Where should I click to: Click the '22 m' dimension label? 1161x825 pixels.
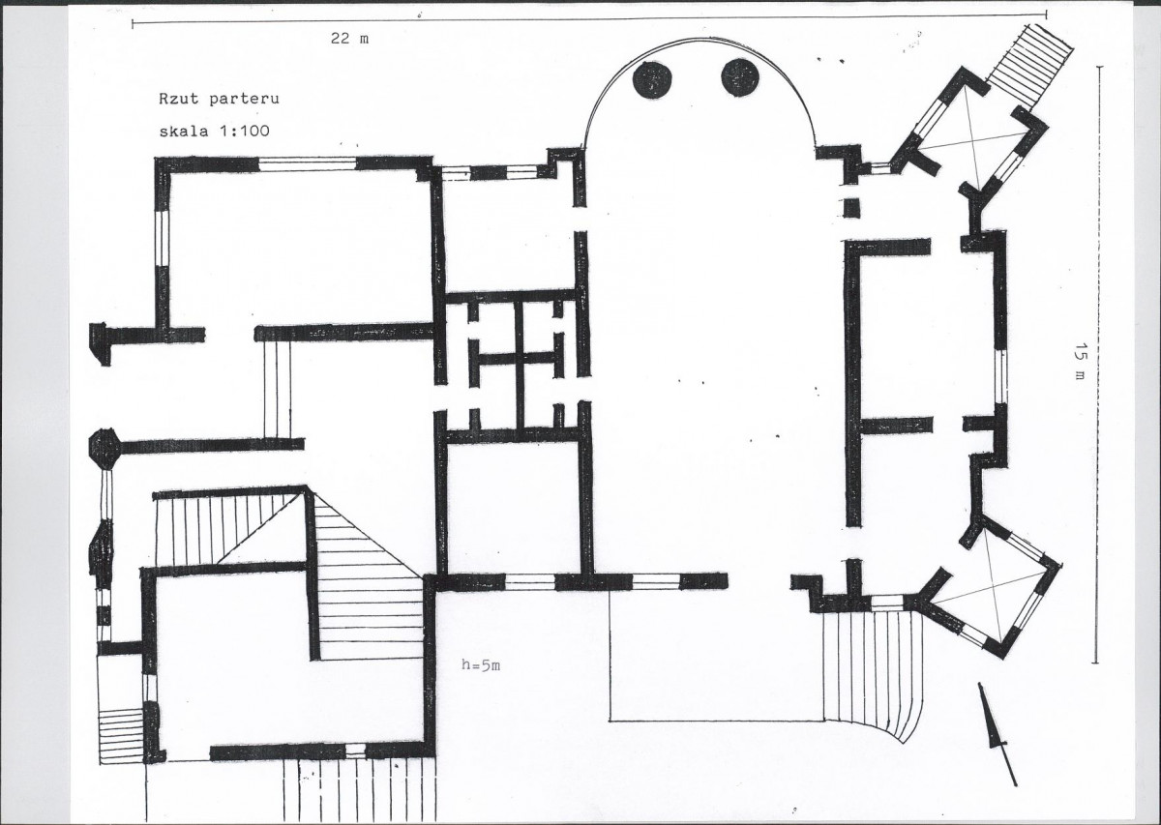pos(350,39)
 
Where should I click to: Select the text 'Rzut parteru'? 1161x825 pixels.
pos(219,99)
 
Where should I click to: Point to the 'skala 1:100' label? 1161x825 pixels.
pos(214,131)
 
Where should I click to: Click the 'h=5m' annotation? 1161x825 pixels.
pos(481,664)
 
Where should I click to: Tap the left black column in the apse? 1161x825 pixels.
pos(652,78)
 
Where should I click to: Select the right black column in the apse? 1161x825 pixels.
pos(740,76)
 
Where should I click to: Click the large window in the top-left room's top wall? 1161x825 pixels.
pos(307,163)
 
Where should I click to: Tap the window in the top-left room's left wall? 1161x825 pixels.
pos(163,238)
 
